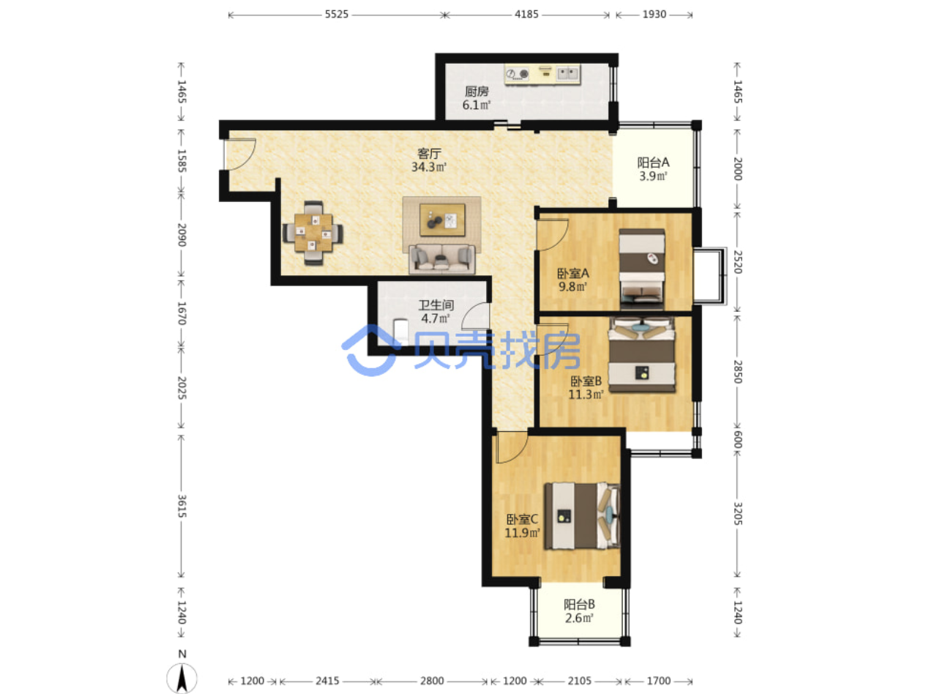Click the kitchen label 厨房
(476, 91)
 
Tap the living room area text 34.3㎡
(428, 167)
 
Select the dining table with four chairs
(313, 233)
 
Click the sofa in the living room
(441, 258)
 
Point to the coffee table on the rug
(442, 220)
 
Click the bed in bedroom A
(641, 269)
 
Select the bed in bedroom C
(582, 516)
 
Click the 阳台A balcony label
(652, 163)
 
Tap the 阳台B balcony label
(578, 605)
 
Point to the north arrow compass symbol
(182, 678)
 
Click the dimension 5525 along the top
(337, 15)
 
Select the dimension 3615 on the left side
(182, 506)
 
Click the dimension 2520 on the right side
(737, 262)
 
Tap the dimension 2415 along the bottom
(327, 681)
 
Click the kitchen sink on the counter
(567, 74)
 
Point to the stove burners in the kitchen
(518, 74)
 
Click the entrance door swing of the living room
(240, 154)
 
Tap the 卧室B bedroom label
(586, 381)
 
